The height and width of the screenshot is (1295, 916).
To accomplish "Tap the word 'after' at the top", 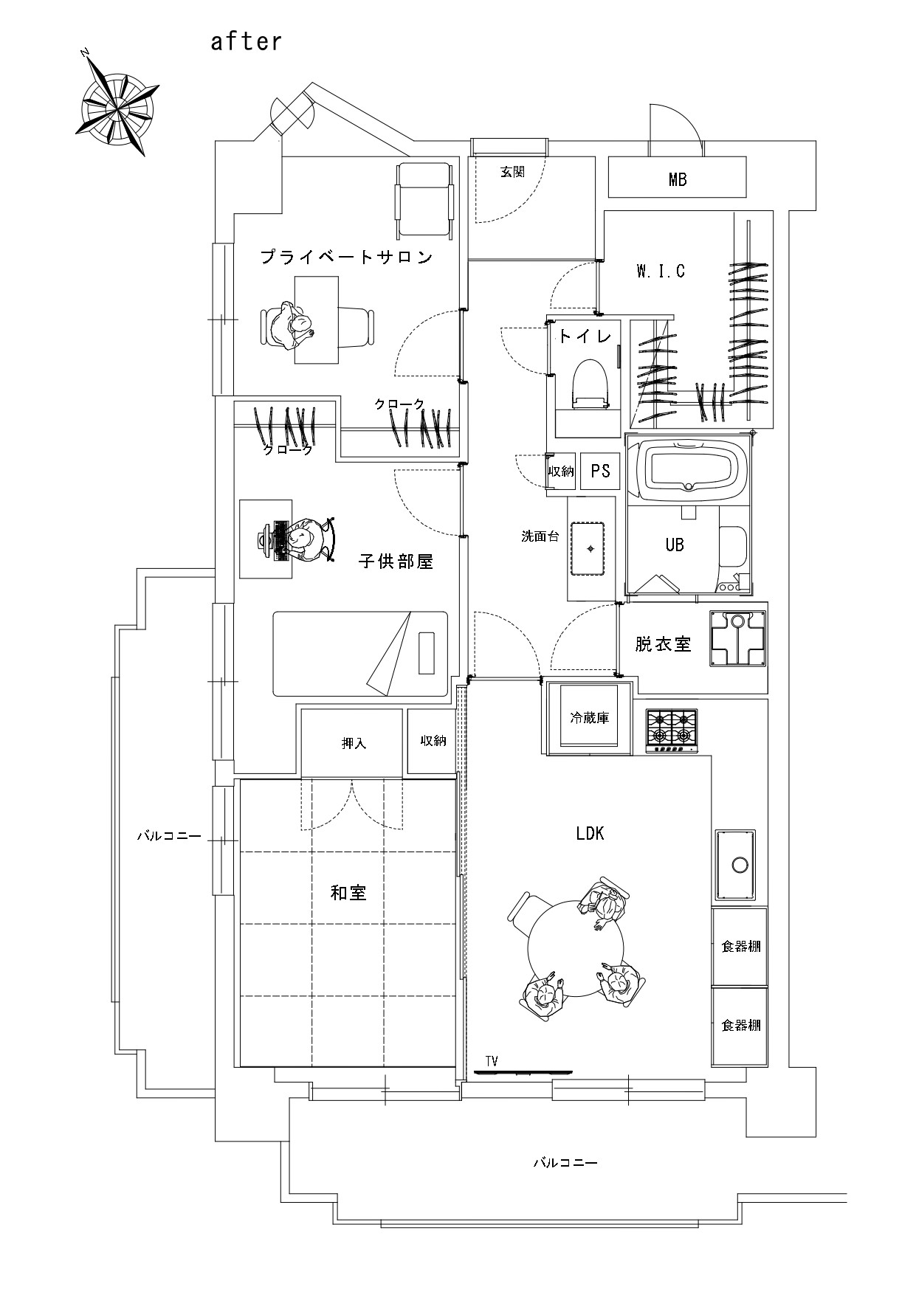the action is click(x=246, y=41).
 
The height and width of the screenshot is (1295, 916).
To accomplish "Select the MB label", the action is click(x=678, y=179).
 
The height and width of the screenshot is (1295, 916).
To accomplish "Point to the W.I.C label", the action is click(x=661, y=271).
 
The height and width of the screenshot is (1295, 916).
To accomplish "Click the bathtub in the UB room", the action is click(x=688, y=466).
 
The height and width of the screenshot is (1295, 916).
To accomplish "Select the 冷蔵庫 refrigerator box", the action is click(x=589, y=717).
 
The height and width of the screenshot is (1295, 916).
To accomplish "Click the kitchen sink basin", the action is click(x=736, y=863).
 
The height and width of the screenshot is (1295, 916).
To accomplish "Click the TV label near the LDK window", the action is click(x=492, y=1061).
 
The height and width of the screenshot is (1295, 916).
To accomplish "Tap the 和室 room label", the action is click(x=348, y=893).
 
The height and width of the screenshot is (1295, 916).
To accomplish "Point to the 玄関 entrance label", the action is click(x=512, y=172).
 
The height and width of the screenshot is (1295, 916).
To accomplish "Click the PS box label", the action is click(x=600, y=471).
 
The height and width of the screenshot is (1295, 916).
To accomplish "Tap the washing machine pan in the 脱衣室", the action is click(x=737, y=639).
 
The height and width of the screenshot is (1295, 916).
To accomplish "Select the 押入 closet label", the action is click(x=354, y=743).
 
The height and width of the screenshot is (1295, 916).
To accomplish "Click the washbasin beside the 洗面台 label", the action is click(x=590, y=548).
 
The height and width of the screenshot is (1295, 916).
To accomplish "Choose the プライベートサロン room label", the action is click(x=346, y=257).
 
